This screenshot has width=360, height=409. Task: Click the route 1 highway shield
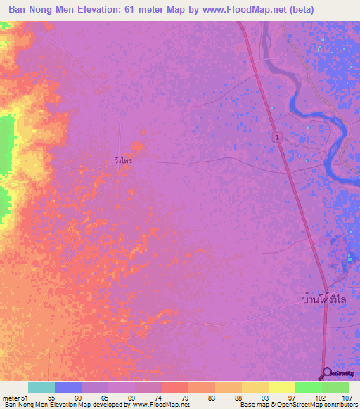[x=278, y=138]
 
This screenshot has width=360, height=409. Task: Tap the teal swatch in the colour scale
[x=41, y=387]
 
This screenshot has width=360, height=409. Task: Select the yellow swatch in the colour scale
[x=281, y=387]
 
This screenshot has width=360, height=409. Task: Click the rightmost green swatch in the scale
[x=335, y=387]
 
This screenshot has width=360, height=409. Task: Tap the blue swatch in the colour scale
[x=68, y=387]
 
